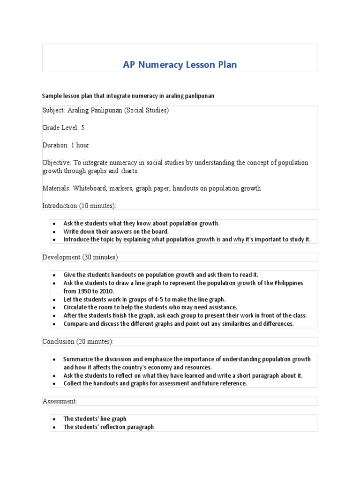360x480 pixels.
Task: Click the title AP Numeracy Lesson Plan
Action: [180, 65]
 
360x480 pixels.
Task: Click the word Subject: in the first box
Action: [54, 111]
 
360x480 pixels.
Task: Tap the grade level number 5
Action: [83, 127]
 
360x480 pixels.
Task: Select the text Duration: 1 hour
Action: [66, 145]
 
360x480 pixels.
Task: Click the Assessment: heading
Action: [60, 401]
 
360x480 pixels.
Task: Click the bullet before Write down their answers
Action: [54, 232]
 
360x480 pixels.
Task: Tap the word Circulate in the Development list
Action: [76, 307]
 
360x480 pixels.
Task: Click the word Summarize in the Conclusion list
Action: [80, 360]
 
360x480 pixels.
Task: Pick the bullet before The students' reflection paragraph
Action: [54, 427]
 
